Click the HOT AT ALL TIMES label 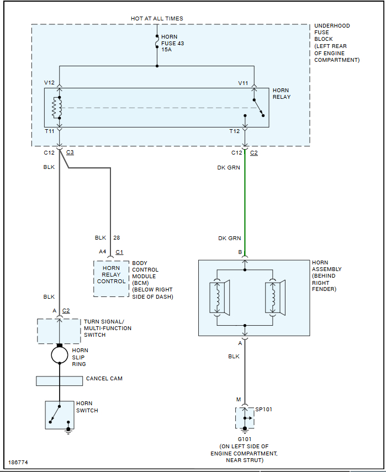[157, 18]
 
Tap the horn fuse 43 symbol [157, 41]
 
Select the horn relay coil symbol [55, 108]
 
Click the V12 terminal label [50, 83]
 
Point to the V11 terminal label [243, 83]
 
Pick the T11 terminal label [50, 131]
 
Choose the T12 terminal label [234, 131]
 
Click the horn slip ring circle [60, 354]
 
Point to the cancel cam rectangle [60, 380]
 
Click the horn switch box [59, 415]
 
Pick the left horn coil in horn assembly [219, 299]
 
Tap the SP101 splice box [245, 418]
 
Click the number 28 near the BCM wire [117, 238]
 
